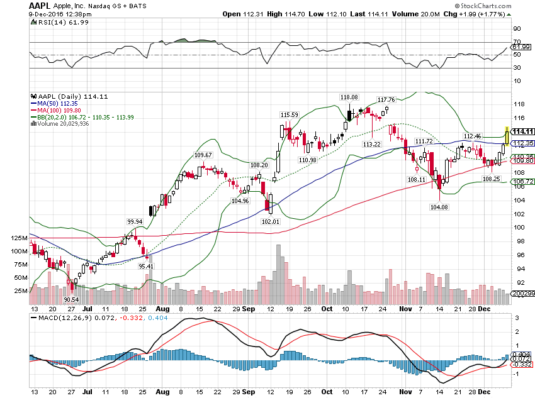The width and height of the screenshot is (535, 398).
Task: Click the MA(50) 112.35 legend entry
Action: coord(54,104)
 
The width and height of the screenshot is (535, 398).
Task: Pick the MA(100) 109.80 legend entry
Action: coord(56,110)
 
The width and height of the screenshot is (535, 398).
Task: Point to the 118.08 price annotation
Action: coord(349,97)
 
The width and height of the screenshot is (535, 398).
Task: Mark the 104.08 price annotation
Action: coord(439,207)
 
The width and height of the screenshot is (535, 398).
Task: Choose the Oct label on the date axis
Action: coord(326,310)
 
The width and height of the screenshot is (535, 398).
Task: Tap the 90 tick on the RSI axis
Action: coord(517,29)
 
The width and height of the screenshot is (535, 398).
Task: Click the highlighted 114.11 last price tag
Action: coord(522,131)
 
